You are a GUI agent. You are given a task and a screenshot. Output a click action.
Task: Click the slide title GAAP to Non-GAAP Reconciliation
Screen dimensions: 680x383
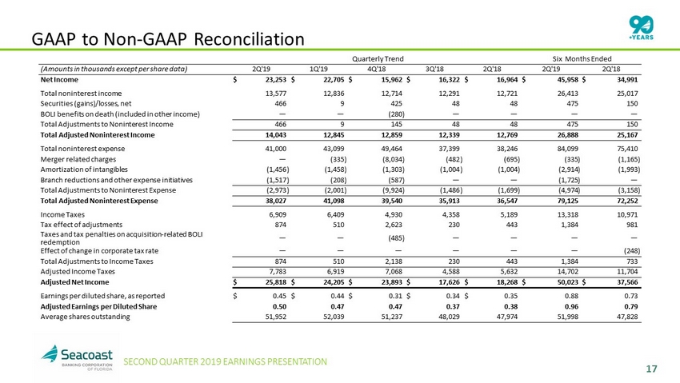168,39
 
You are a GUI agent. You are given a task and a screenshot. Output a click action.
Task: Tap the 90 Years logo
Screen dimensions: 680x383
641,27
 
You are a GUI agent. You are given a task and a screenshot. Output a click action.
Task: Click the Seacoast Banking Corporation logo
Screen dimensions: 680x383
77,357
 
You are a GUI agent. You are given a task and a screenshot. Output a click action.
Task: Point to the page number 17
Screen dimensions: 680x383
651,369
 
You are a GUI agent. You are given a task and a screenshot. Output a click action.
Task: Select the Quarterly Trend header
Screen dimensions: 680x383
378,59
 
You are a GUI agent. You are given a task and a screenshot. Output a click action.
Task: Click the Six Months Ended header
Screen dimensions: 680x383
582,59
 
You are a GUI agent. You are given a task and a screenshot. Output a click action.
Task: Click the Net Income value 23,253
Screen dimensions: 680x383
275,80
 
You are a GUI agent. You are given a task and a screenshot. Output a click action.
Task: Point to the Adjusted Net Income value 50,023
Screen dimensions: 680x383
567,282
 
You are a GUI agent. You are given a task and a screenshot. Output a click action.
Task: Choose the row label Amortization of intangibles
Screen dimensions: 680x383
84,170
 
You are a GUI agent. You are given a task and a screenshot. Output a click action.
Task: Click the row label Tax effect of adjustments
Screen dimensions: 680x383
81,225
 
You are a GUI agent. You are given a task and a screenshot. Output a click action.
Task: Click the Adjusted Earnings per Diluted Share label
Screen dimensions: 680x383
98,307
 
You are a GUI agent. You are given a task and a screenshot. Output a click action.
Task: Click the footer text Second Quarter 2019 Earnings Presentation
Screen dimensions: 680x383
225,361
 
